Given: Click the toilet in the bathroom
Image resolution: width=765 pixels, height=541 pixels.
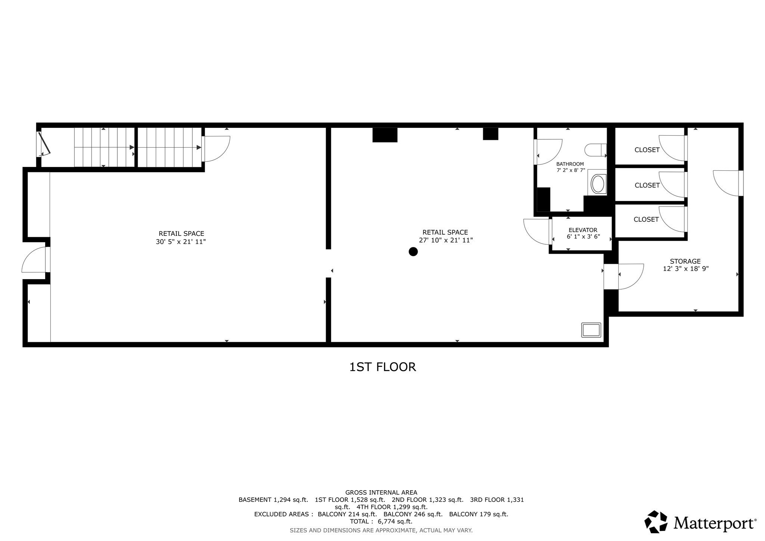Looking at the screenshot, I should click(595, 150).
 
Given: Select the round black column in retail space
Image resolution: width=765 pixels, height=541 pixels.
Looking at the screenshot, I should click(413, 251).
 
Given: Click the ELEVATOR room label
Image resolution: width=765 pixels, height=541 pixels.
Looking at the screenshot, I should click(583, 230).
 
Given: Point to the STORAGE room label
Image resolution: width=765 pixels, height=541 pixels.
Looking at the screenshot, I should click(685, 261).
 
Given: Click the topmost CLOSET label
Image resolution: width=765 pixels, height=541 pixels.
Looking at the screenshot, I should click(647, 150).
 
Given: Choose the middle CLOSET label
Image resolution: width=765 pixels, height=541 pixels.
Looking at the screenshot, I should click(647, 185).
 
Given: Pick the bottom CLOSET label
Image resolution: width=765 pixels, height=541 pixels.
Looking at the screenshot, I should click(646, 219).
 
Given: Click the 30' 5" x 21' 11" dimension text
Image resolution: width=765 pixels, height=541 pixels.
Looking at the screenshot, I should click(181, 242).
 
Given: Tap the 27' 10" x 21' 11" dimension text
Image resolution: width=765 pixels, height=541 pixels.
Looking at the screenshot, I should click(446, 240).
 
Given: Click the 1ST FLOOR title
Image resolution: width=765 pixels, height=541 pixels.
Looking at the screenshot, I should click(382, 367).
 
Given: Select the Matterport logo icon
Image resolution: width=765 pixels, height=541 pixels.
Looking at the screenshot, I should click(656, 522).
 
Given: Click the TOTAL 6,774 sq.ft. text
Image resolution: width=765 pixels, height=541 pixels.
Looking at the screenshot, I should click(381, 521).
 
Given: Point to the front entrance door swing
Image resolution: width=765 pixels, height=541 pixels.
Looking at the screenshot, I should click(34, 260).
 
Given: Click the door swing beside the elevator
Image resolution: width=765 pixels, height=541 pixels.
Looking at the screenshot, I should click(536, 232).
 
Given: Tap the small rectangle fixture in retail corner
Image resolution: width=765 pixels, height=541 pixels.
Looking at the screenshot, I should click(591, 330).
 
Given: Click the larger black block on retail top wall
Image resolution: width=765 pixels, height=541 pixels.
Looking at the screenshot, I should click(385, 135).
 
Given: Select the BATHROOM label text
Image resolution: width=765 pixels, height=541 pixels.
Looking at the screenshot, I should click(570, 164).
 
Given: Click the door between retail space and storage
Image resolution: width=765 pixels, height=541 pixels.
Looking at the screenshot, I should click(630, 276).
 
